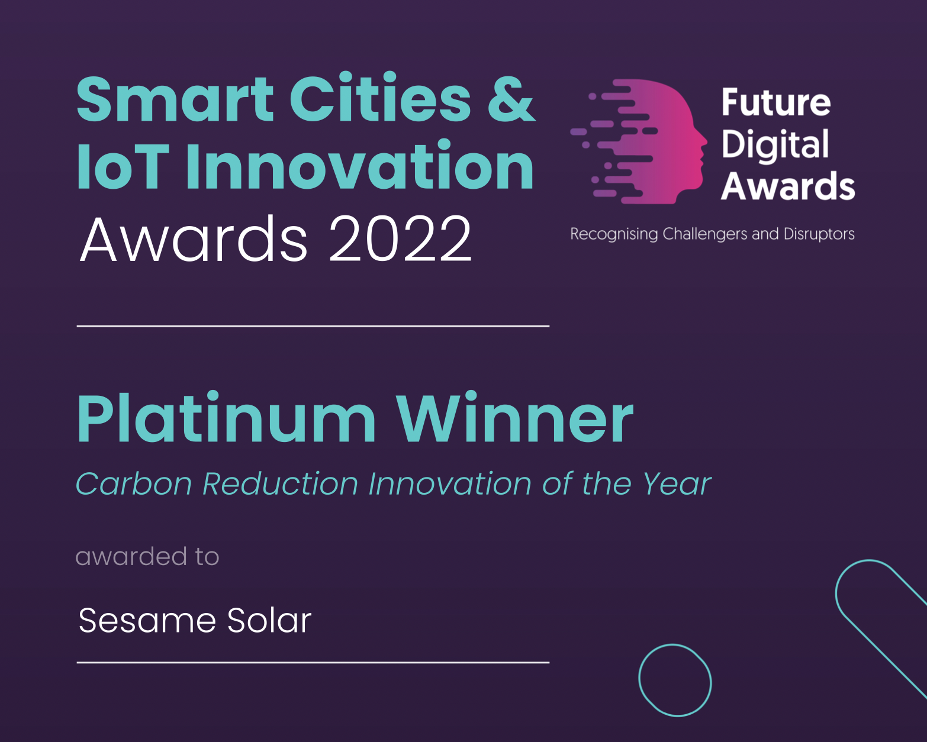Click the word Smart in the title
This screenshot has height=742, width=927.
tap(175, 99)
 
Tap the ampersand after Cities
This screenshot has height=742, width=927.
tap(512, 98)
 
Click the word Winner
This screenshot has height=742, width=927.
tap(515, 417)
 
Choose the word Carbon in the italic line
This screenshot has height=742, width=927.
tap(134, 483)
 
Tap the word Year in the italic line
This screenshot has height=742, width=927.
tap(677, 483)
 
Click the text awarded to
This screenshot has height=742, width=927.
tap(147, 556)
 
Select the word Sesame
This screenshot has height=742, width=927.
tap(147, 621)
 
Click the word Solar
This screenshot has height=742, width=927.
tap(269, 620)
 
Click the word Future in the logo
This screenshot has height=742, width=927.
tap(776, 102)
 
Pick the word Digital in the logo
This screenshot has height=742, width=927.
tap(775, 145)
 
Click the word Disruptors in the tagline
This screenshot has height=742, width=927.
tap(819, 234)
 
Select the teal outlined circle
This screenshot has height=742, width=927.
tap(639, 680)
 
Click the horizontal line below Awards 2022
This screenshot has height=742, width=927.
tap(313, 326)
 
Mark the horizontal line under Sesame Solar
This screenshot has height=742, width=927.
tap(313, 662)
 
